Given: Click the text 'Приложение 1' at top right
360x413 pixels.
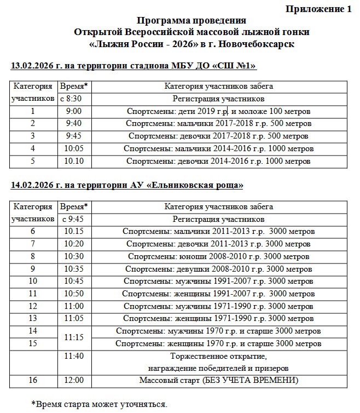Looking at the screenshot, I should tap(318, 9).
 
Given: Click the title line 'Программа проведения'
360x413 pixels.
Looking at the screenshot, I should tap(184, 21).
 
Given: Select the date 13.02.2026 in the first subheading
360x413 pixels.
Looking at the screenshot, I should tap(33, 66).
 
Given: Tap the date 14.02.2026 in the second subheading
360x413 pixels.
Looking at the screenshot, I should tap(33, 186).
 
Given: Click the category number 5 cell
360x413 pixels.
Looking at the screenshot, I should tap(33, 161).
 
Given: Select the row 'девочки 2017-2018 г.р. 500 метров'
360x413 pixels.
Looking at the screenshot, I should tap(218, 136).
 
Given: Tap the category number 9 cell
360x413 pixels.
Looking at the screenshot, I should tap(33, 268).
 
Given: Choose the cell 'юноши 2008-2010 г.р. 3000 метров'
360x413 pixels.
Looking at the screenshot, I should tap(218, 256).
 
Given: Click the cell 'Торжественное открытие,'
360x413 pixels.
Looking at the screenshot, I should tap(218, 356).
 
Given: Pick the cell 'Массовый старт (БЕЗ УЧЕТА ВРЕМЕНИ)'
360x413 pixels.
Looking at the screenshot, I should tap(218, 381).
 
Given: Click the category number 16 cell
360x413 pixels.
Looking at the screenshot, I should tap(33, 381).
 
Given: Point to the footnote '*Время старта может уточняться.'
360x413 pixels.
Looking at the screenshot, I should tap(99, 404).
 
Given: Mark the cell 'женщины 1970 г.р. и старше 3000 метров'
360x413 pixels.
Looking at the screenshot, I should tap(218, 344).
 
